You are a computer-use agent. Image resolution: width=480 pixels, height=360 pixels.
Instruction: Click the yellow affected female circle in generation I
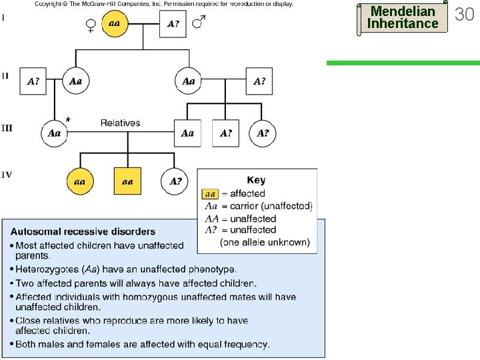(115, 24)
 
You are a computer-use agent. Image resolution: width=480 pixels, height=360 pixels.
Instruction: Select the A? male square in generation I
(173, 24)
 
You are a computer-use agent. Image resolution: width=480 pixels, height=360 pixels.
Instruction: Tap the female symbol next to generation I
(91, 25)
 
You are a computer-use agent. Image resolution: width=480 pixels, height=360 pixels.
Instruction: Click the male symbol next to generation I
(198, 23)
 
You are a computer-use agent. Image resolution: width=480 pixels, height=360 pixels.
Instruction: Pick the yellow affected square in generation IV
(127, 181)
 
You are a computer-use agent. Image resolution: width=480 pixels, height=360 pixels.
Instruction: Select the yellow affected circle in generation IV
(79, 181)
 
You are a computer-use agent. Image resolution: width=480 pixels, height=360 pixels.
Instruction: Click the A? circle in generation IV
(175, 181)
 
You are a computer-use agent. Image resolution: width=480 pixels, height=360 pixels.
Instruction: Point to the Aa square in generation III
(187, 133)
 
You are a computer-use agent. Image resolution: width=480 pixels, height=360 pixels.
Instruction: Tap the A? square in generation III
(225, 133)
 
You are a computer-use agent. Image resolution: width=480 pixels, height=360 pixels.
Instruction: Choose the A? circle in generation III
(263, 133)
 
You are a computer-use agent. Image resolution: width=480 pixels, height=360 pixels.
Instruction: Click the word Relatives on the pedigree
(120, 123)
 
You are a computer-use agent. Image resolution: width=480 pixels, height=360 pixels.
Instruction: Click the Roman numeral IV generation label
(6, 175)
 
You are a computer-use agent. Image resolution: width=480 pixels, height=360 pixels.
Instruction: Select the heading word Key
(256, 180)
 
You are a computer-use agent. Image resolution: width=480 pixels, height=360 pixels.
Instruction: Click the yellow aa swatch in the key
(209, 193)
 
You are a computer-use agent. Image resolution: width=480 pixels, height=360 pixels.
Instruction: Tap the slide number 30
(464, 13)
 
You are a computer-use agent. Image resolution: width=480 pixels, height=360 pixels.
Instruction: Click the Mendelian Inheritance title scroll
(403, 17)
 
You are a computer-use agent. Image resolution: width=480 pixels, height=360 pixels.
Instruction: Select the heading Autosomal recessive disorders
(83, 232)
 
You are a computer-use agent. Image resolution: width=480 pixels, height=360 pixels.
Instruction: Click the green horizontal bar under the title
(402, 63)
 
